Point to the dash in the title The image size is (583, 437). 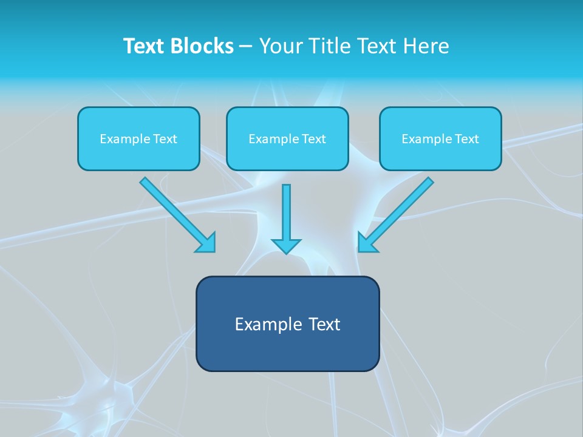click(x=246, y=47)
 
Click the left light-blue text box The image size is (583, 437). click(x=138, y=138)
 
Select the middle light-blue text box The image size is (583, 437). click(x=287, y=138)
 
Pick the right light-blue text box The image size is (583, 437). click(x=440, y=138)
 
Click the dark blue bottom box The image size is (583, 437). click(x=287, y=324)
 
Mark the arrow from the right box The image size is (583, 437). click(x=401, y=209)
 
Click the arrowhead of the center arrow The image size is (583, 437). click(x=286, y=245)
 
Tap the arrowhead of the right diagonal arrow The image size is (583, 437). click(x=367, y=243)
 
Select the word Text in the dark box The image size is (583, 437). click(x=324, y=324)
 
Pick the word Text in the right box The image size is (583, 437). click(x=467, y=139)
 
